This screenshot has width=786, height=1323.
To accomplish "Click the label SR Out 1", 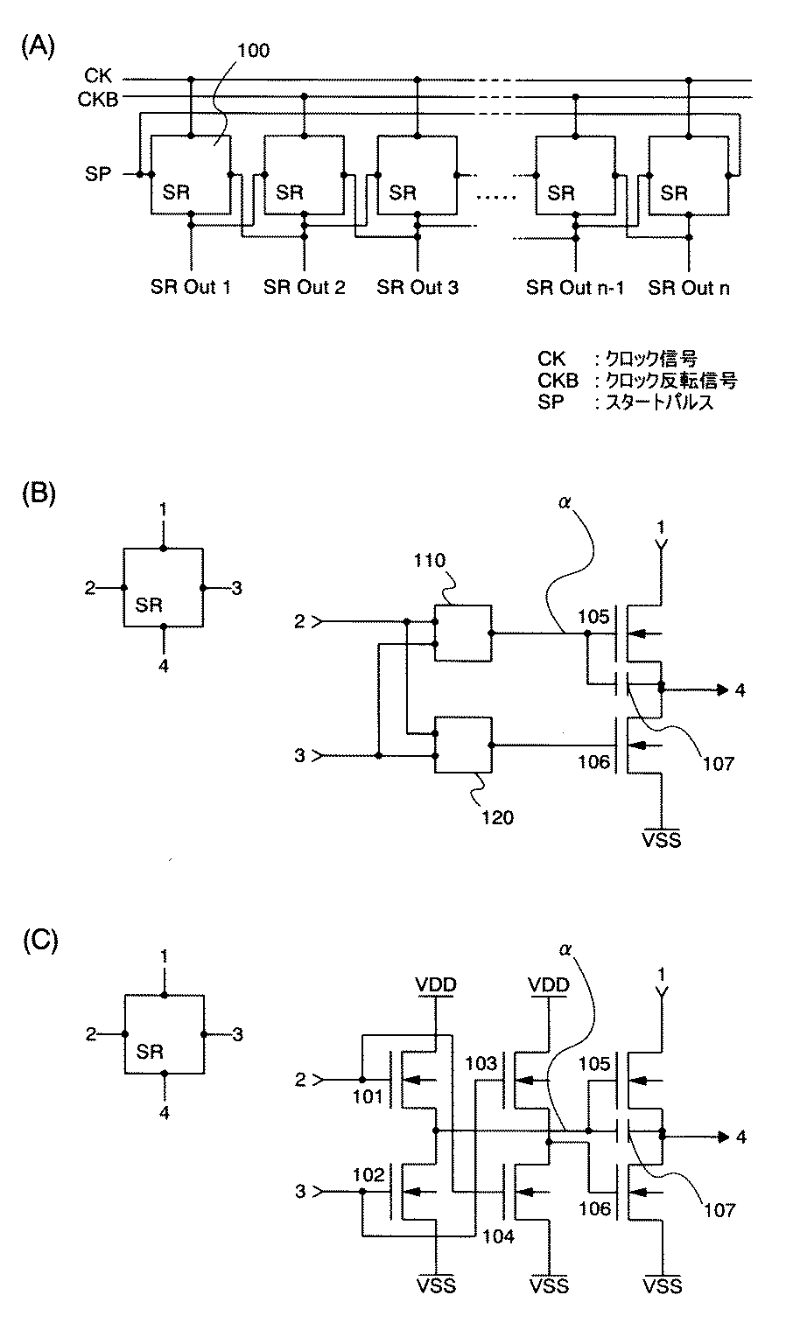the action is [190, 287].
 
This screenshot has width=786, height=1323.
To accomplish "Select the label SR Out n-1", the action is [575, 288].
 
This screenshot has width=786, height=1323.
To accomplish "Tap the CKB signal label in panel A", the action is [98, 99].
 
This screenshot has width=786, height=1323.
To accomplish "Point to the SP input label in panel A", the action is [98, 174].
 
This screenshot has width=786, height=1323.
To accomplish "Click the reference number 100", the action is [254, 51].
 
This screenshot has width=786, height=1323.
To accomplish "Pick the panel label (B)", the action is [39, 493].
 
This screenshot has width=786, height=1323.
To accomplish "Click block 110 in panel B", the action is [463, 633].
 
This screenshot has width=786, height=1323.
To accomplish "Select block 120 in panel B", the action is [463, 745].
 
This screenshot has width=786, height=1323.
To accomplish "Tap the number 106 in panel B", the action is [593, 761].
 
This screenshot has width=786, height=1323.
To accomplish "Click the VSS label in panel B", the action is [662, 839].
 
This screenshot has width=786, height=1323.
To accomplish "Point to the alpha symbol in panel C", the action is [565, 948].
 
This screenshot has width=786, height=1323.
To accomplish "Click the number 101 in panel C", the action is [368, 1096].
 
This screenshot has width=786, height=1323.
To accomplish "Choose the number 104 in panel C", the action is [498, 1236].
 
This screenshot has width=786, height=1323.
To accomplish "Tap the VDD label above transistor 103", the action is [549, 984].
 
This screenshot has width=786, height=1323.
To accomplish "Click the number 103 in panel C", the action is [481, 1063].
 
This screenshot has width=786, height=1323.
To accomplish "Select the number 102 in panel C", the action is [368, 1174].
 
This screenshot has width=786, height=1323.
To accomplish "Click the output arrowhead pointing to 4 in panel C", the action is [722, 1137].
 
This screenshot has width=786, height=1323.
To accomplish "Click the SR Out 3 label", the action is [418, 287].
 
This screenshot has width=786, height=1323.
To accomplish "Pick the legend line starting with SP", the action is [626, 402].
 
